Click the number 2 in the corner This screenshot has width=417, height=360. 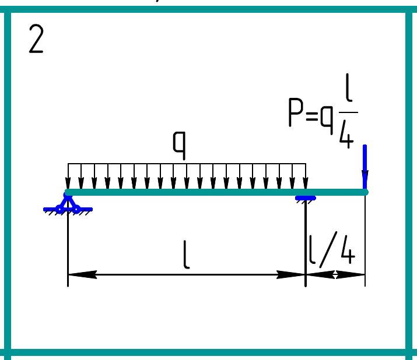(36, 40)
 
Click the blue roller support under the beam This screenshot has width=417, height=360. (306, 198)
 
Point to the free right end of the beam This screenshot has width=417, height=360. (365, 192)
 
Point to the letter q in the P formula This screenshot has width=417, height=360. (326, 117)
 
